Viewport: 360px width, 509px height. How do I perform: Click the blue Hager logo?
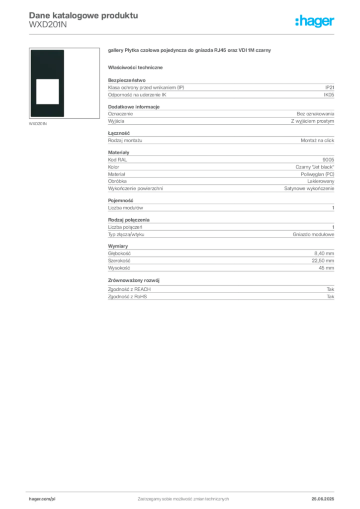pyautogui.click(x=315, y=22)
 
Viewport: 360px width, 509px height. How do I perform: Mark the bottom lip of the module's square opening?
pyautogui.click(x=48, y=104)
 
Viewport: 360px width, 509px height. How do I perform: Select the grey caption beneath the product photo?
pyautogui.click(x=38, y=124)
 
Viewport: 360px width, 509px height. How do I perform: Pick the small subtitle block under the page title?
pyautogui.click(x=47, y=28)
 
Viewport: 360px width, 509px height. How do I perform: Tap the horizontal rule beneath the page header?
pyautogui.click(x=182, y=34)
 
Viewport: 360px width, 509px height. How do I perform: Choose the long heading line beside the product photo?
pyautogui.click(x=190, y=52)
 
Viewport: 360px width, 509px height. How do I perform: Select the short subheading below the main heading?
pyautogui.click(x=137, y=67)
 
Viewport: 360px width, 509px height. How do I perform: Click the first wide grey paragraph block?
pyautogui.click(x=220, y=89)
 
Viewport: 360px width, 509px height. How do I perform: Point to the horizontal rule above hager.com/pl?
pyautogui.click(x=182, y=491)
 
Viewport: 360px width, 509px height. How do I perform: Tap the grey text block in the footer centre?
pyautogui.click(x=182, y=498)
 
